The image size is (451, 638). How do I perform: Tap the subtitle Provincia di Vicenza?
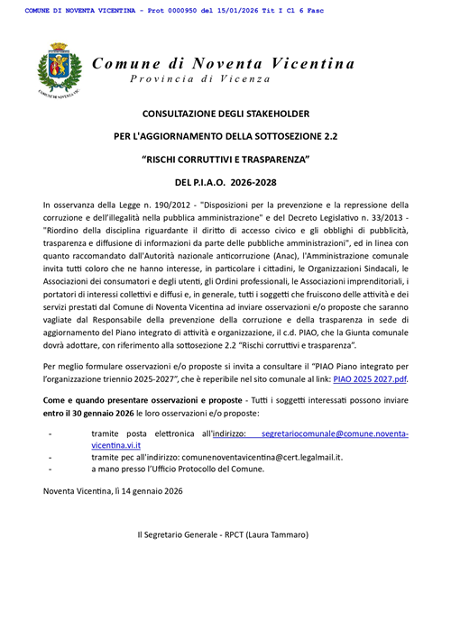click(x=199, y=79)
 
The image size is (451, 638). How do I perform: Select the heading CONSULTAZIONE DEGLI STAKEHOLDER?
click(x=225, y=114)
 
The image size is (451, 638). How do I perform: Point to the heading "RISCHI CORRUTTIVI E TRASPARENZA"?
click(x=225, y=159)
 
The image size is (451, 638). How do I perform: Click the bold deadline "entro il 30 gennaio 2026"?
click(x=87, y=437)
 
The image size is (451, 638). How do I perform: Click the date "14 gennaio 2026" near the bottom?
click(x=143, y=491)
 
